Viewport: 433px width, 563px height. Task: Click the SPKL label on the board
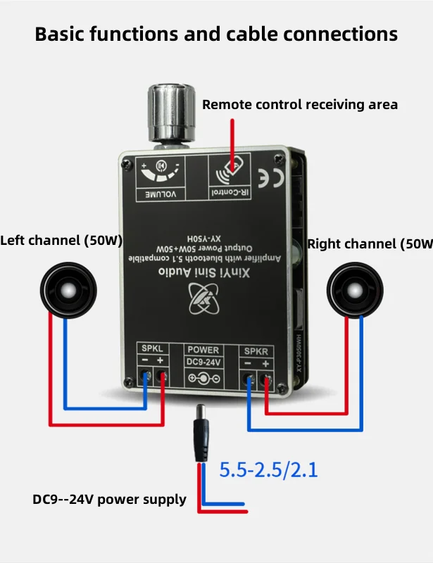tap(152, 349)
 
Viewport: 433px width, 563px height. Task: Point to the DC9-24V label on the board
tap(203, 362)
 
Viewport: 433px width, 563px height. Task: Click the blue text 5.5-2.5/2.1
tap(268, 469)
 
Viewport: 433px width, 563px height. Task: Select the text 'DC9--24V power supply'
tap(109, 500)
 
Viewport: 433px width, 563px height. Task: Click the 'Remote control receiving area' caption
tap(300, 105)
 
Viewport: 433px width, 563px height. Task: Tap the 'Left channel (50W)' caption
tap(61, 240)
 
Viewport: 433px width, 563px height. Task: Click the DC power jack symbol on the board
tap(203, 378)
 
